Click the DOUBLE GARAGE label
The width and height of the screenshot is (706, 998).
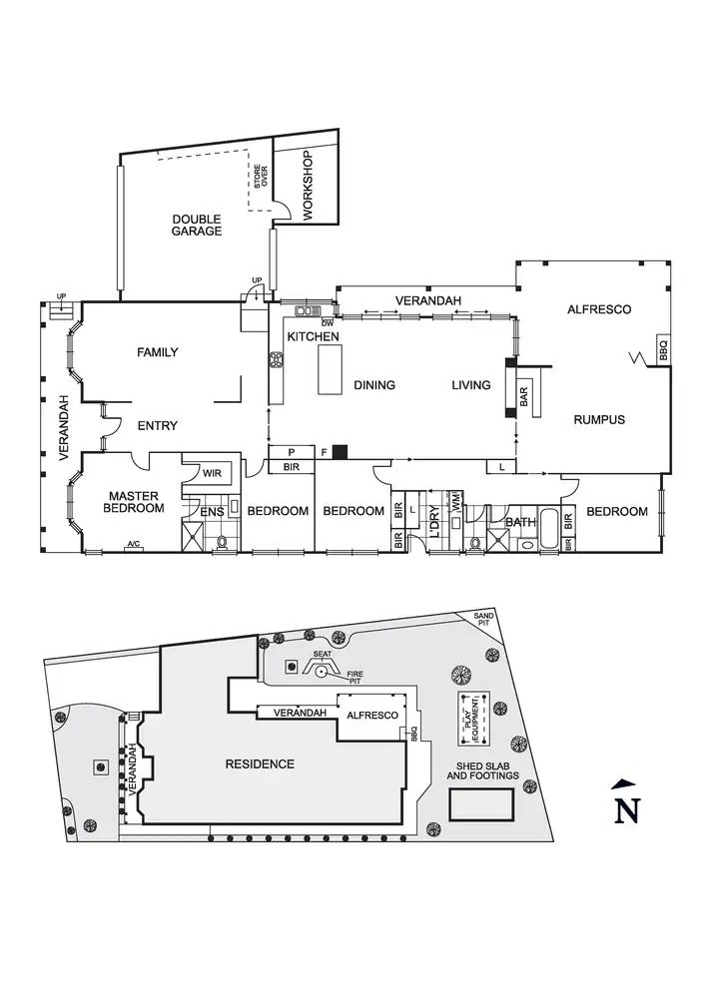tap(197, 225)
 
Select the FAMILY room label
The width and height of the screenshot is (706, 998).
tap(158, 352)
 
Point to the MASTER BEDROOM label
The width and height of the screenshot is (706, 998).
tap(136, 502)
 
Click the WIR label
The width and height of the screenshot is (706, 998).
tap(212, 473)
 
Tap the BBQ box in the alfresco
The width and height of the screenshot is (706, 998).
tap(663, 349)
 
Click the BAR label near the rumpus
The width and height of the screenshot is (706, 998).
tap(524, 396)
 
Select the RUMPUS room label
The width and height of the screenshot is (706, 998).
tap(599, 420)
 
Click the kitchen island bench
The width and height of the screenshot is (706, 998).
tap(329, 372)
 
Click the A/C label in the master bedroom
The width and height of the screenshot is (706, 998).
tap(133, 545)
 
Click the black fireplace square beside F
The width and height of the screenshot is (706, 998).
tap(340, 452)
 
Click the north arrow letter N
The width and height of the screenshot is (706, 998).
tap(626, 810)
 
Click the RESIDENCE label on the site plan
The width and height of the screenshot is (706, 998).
tap(260, 764)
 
